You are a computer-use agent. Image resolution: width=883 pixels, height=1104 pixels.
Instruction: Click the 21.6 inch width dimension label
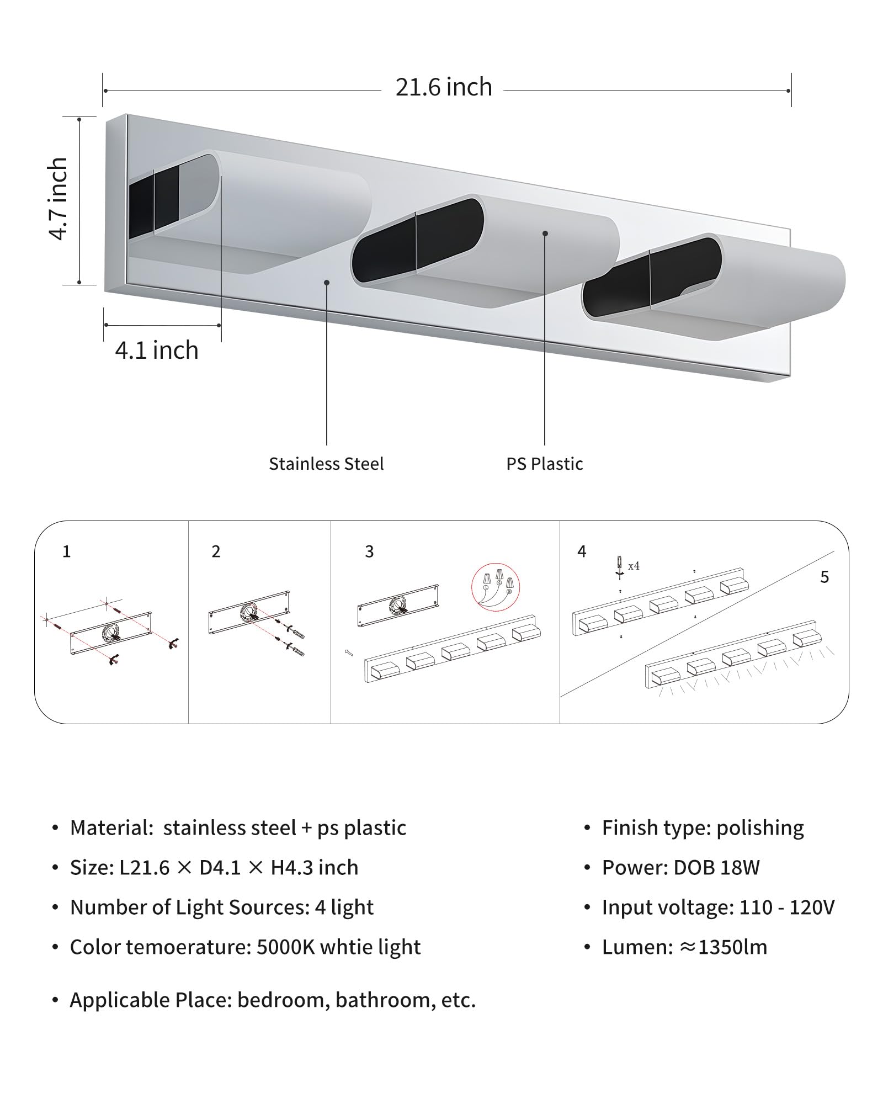tap(444, 88)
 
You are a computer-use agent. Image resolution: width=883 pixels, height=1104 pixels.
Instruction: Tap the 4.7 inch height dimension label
tap(58, 199)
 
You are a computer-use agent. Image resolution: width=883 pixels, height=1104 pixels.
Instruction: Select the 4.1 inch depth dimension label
tap(157, 351)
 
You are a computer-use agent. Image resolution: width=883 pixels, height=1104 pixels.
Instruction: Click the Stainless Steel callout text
tap(326, 464)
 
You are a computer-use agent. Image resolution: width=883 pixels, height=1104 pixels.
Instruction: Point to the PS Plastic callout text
tap(545, 464)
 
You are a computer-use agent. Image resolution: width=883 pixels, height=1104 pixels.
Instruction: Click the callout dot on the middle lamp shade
tap(545, 233)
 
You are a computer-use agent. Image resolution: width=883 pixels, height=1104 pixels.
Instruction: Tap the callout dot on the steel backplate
tap(327, 282)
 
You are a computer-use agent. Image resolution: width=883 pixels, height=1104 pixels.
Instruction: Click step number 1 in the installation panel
tap(67, 551)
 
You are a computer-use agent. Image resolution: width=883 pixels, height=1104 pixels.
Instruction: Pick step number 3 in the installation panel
tap(369, 551)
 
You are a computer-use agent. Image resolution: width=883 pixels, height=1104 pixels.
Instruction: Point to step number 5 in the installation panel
tap(825, 577)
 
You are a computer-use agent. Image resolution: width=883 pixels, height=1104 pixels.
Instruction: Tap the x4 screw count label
tap(634, 566)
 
